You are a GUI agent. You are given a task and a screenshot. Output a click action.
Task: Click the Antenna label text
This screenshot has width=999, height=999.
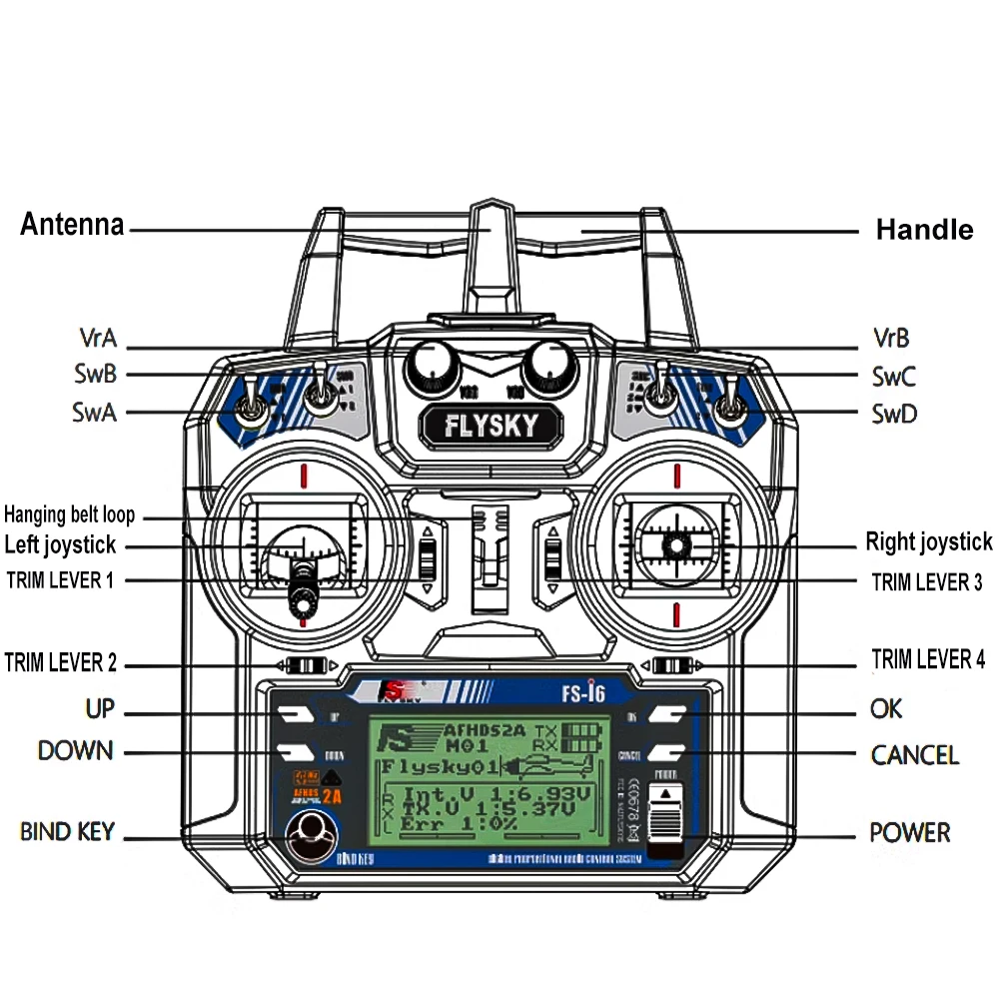pos(72,224)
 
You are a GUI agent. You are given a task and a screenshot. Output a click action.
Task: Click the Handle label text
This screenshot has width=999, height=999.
pos(924,230)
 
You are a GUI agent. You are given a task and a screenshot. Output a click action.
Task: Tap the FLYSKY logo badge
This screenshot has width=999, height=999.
pos(491,427)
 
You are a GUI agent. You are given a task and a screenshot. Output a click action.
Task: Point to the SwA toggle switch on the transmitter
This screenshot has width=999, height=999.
pos(251,410)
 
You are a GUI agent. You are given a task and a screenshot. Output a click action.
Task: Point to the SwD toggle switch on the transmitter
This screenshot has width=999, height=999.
pos(732,408)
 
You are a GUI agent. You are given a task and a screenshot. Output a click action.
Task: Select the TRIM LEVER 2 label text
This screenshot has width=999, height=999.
pos(61,662)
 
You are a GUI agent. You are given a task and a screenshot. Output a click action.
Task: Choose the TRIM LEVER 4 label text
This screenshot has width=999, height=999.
pos(928,659)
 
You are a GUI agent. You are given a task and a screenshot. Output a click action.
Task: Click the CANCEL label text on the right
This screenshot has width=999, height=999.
pos(914,754)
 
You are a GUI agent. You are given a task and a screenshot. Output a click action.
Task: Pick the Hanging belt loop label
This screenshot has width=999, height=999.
pos(69,515)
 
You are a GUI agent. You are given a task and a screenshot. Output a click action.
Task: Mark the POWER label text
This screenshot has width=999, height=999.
pos(909,832)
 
